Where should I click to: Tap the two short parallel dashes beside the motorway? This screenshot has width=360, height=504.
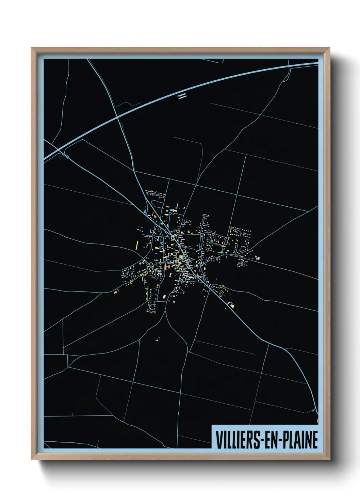(x=182, y=96)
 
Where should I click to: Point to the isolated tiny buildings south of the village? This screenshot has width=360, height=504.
(x=157, y=339)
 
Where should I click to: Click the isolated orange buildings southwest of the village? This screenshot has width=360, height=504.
(x=116, y=292)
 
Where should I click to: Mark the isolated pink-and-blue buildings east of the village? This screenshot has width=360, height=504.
(x=257, y=258)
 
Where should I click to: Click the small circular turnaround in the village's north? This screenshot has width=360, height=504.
(x=152, y=202)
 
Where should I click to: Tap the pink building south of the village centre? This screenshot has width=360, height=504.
(x=165, y=297)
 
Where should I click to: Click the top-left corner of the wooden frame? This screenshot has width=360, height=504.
(x=32, y=48)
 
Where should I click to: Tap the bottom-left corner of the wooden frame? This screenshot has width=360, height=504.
(x=32, y=459)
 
